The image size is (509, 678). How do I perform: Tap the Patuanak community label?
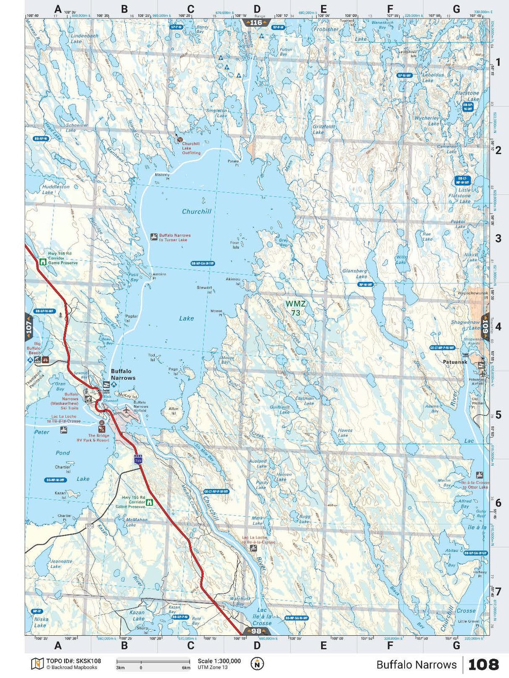[455, 362]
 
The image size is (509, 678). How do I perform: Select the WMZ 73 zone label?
[296, 308]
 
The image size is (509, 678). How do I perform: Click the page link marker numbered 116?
[256, 23]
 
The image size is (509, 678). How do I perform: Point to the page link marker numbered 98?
[256, 631]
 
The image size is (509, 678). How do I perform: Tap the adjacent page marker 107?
[29, 326]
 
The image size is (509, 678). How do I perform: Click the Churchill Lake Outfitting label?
[191, 148]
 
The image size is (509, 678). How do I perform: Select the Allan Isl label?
[174, 411]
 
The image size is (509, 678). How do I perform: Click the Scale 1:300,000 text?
[219, 661]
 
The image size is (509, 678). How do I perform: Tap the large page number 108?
[483, 664]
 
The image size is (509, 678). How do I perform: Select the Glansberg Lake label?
[355, 274]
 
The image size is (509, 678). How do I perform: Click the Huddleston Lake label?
[55, 189]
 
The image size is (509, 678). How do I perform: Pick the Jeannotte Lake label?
[61, 564]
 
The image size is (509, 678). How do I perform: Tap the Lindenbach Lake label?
[84, 39]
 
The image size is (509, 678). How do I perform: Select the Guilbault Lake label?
[280, 409]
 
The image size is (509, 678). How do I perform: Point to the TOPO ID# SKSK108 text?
[73, 661]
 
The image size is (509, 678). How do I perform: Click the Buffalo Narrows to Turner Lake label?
[174, 238]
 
